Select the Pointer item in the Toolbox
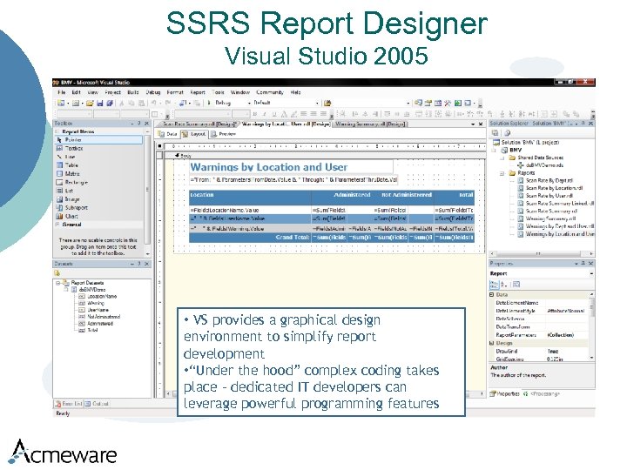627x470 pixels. (x=73, y=139)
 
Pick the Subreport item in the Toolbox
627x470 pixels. (x=76, y=207)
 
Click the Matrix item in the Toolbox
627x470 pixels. (x=72, y=173)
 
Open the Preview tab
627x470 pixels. (x=226, y=134)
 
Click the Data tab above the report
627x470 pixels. (x=172, y=134)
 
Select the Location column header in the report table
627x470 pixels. (x=202, y=195)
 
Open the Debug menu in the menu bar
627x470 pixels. (x=153, y=91)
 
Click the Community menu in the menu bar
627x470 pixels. (x=269, y=91)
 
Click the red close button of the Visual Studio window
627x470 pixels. (x=590, y=83)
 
